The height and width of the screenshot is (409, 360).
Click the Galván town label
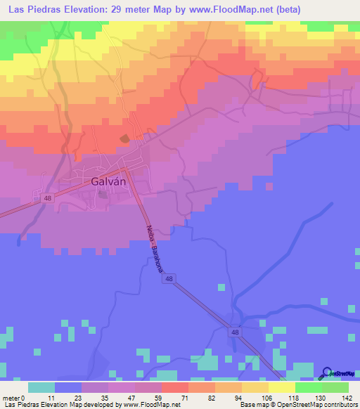pos(108,181)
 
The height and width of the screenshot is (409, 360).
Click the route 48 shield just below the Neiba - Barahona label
pos(169,279)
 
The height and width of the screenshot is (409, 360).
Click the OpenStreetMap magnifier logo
pos(327,373)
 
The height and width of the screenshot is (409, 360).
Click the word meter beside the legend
pos(12,398)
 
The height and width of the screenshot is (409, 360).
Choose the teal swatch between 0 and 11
pos(41,387)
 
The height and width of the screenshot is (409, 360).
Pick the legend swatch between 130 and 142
pos(335,387)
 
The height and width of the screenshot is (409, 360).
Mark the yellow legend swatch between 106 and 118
pos(281,387)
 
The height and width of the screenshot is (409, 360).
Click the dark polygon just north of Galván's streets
pos(124,138)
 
